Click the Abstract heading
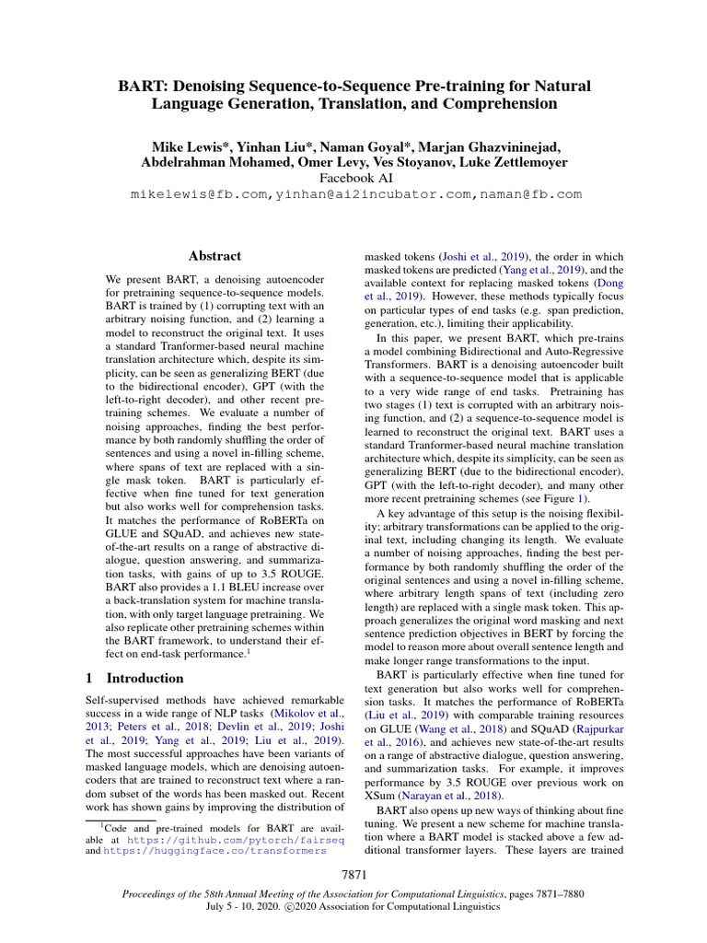214,256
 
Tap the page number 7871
353,874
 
